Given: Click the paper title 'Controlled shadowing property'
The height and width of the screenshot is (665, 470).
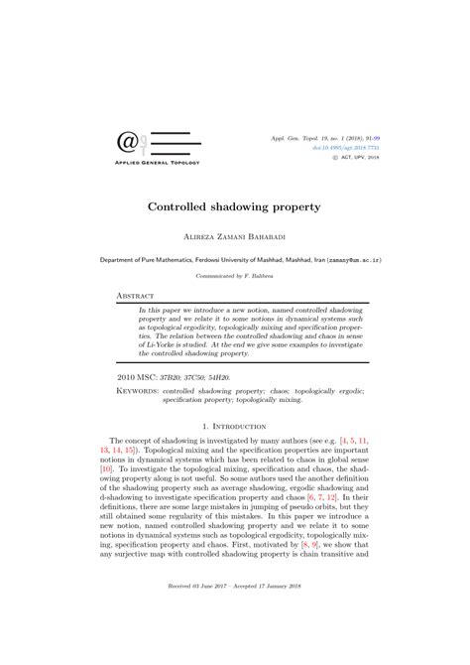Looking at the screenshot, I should point(235,209).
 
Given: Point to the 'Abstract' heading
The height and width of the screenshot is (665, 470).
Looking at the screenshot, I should point(136,296).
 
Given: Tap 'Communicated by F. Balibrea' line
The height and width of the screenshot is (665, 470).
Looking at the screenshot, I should point(235,277).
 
